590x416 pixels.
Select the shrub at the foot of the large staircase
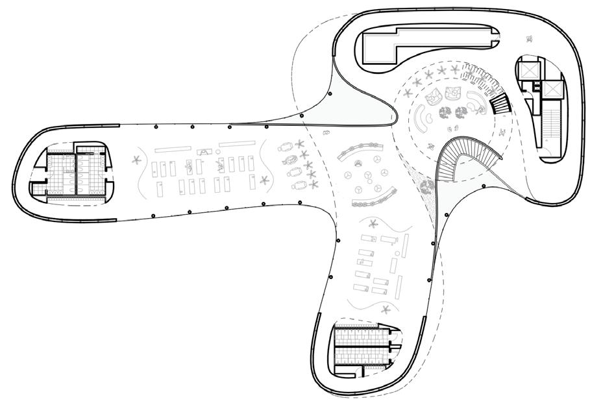(x=427, y=188)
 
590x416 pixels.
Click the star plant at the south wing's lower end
(x=387, y=309)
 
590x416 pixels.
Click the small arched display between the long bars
(x=206, y=151)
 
